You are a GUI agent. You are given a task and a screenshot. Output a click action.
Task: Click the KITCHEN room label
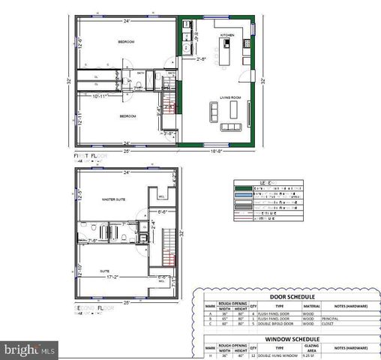pyautogui.click(x=228, y=35)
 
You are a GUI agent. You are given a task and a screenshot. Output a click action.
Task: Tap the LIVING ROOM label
pyautogui.click(x=229, y=97)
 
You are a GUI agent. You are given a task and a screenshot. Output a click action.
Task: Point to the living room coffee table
pyautogui.click(x=232, y=110)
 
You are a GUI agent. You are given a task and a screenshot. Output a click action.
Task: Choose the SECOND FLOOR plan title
pyautogui.click(x=95, y=307)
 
